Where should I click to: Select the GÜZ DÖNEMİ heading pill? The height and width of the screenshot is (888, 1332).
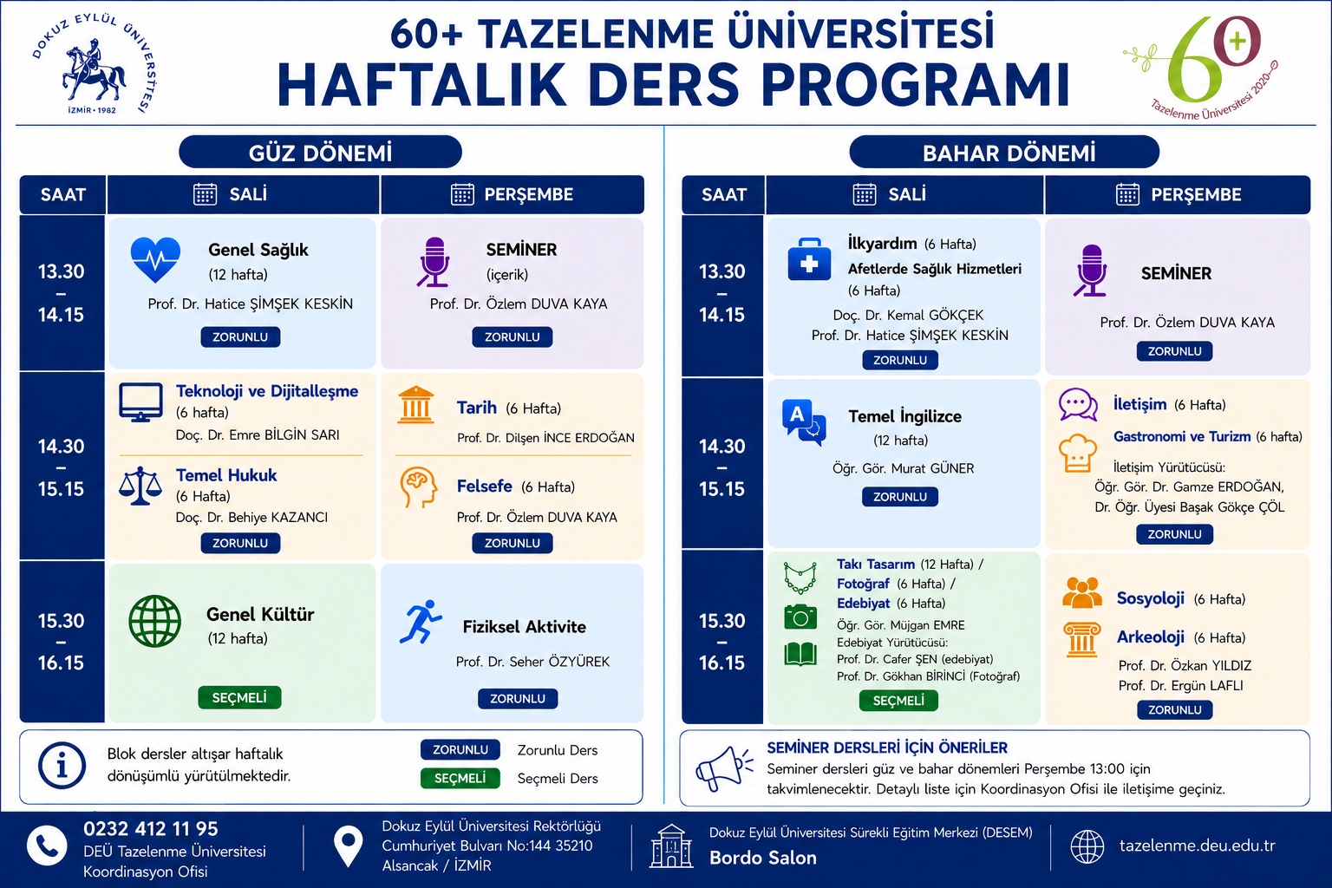coord(320,153)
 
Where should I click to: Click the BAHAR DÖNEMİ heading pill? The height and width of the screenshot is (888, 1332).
coord(1004,153)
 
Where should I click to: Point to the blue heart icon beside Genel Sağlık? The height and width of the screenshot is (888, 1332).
coord(155,259)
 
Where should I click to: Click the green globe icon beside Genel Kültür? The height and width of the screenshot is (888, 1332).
coord(154,621)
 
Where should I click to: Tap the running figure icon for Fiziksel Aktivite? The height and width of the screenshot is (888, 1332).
coord(421,622)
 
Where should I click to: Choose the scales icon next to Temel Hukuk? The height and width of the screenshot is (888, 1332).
coord(140,486)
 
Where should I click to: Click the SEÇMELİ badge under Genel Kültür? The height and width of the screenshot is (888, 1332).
coord(239,698)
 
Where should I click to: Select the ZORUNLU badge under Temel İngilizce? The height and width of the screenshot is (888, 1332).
coord(899,497)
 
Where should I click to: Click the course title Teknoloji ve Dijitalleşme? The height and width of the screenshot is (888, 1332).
coord(267,391)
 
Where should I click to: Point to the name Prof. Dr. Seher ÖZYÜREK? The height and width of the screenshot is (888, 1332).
coord(532,662)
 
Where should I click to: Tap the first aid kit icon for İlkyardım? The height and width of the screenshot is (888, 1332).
coord(809,259)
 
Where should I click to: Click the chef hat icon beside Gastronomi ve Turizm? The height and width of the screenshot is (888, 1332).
coord(1078,454)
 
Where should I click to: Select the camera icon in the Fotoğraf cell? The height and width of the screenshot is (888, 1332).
coord(800,617)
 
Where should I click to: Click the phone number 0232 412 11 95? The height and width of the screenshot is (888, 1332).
coord(150,828)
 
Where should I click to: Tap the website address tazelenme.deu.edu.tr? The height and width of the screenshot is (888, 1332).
coord(1197,846)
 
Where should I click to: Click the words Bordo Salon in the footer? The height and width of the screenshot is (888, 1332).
coord(763,858)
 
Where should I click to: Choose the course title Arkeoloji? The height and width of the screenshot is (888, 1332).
coord(1150,637)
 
